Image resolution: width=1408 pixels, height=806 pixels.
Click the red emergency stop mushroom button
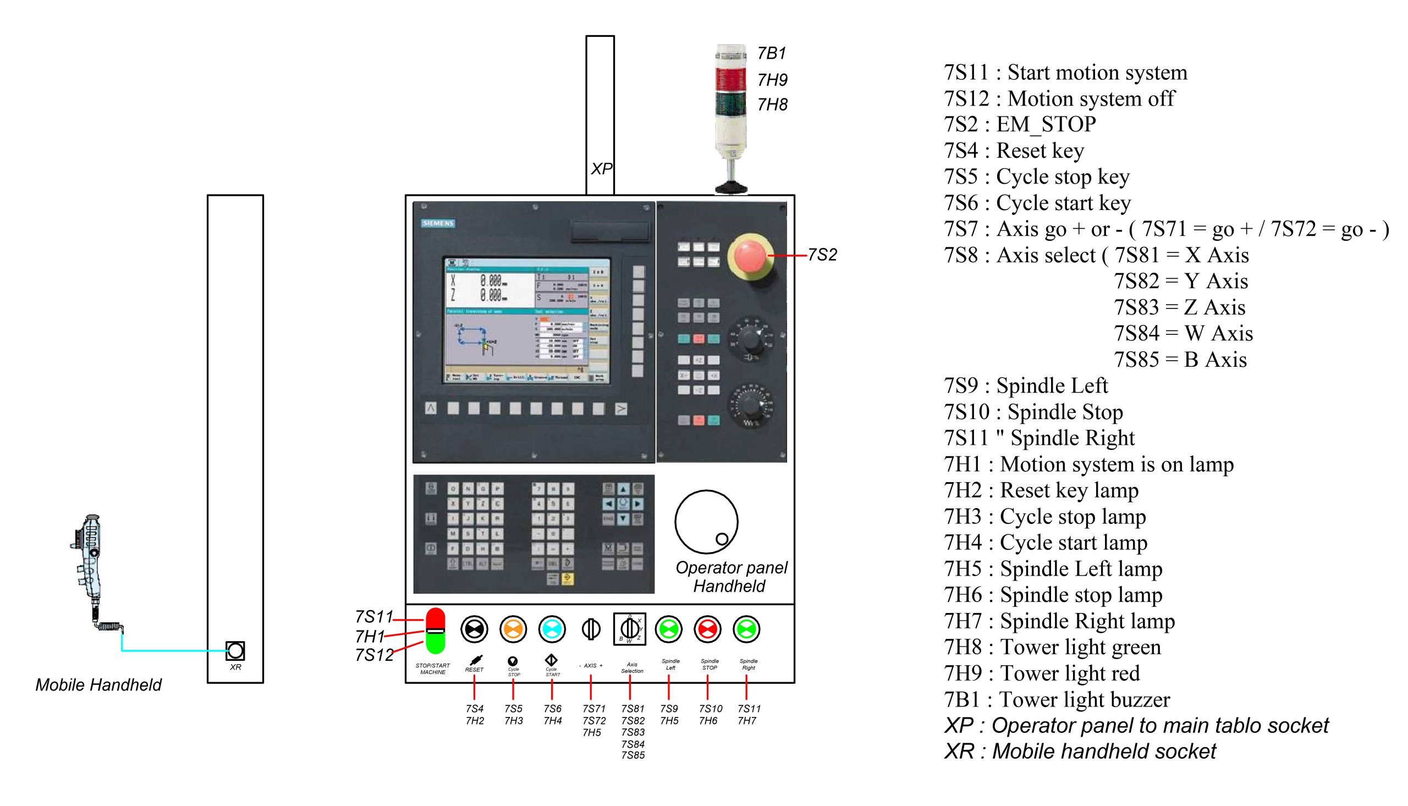click(x=750, y=255)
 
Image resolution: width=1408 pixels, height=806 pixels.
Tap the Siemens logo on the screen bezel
click(x=438, y=223)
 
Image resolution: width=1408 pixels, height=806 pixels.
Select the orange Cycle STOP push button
click(x=513, y=630)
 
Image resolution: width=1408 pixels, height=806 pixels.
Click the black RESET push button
click(x=474, y=630)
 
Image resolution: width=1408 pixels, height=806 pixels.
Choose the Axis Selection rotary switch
click(x=630, y=629)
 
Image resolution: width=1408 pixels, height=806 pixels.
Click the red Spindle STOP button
click(x=708, y=630)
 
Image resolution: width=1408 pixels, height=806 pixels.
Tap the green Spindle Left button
click(x=669, y=630)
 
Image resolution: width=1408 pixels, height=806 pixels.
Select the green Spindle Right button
click(x=746, y=630)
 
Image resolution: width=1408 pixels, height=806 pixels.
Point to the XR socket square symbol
click(x=235, y=651)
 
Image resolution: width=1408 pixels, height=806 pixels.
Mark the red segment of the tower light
click(x=730, y=79)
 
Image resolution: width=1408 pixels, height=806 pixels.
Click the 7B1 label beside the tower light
click(x=772, y=54)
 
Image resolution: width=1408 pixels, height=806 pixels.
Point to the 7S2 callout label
click(x=822, y=255)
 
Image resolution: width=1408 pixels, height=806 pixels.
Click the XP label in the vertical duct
click(x=601, y=169)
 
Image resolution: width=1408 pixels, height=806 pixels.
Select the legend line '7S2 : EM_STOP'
click(x=1019, y=125)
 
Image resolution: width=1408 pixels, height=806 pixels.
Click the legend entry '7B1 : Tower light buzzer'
click(x=1057, y=700)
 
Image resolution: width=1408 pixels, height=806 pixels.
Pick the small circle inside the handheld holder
click(x=722, y=539)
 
